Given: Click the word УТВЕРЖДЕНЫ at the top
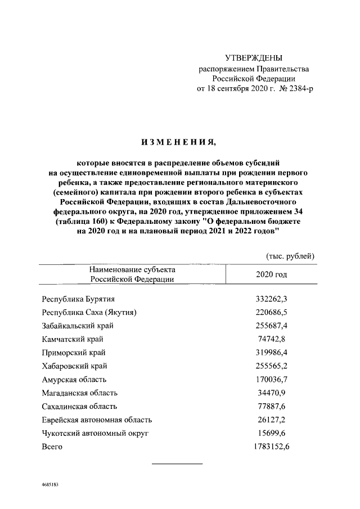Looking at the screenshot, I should (253, 58).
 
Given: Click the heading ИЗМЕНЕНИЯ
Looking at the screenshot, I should (178, 142).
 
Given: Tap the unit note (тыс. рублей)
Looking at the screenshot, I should (290, 256).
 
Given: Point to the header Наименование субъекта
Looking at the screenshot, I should (132, 269).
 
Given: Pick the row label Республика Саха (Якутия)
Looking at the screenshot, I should (89, 312).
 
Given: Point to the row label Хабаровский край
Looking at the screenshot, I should (75, 366).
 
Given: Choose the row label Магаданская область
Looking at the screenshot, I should (80, 393).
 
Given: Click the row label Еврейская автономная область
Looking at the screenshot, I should (97, 420).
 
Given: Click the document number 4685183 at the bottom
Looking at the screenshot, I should (51, 484).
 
